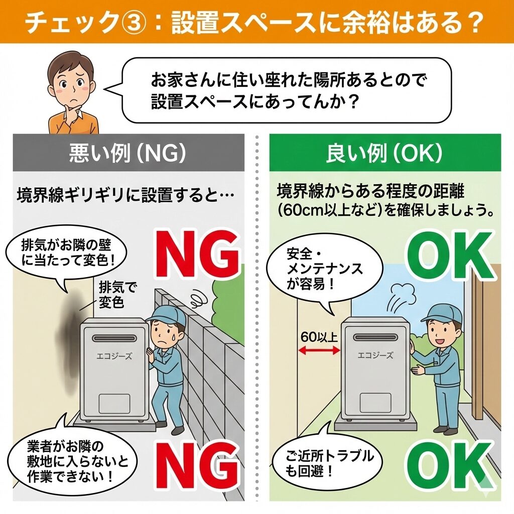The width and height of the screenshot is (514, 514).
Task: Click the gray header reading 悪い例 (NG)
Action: coord(128,153)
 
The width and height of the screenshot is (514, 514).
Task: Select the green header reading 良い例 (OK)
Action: coord(385,153)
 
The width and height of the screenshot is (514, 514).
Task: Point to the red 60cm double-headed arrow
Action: coord(319,351)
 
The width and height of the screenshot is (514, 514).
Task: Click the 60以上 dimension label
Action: coord(319,337)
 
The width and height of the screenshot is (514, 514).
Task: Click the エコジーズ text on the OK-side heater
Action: coord(375,355)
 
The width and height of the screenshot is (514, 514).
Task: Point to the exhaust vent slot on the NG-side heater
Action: coord(114,338)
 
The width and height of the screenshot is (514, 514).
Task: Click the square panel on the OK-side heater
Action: coord(375,403)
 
